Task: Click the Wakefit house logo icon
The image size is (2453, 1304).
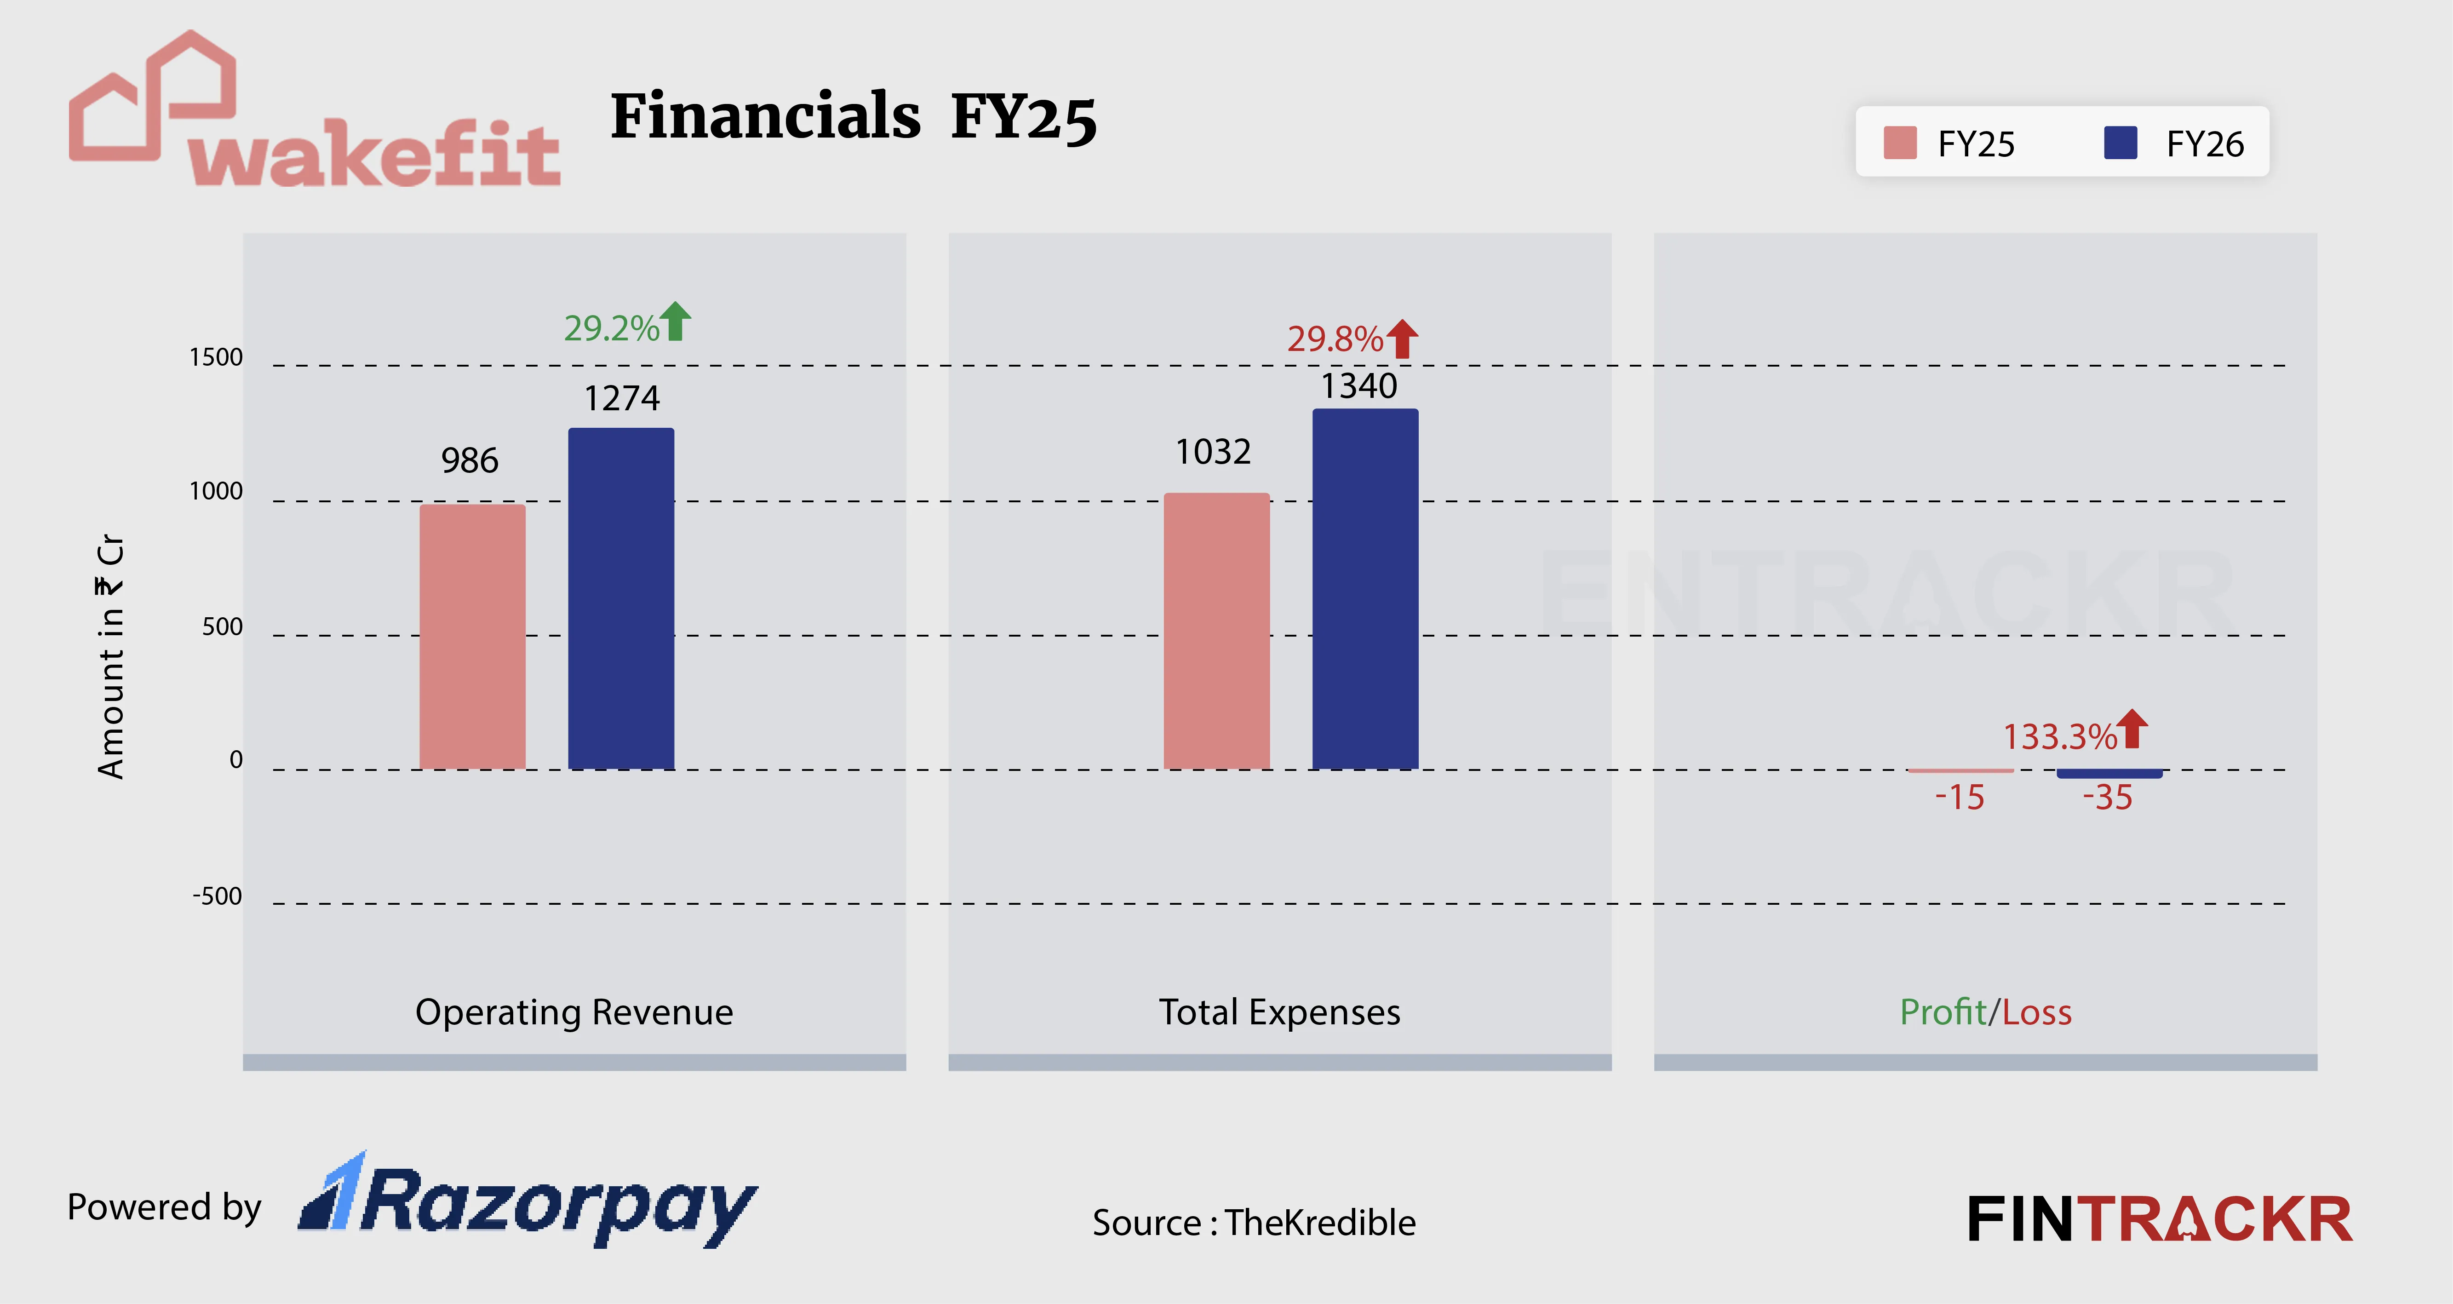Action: click(152, 95)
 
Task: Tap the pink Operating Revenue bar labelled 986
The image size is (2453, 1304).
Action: click(472, 636)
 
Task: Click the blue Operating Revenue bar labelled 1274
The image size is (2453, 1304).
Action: click(621, 598)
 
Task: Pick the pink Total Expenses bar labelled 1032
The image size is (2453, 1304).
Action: click(1216, 631)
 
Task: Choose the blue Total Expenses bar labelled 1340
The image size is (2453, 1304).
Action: click(1364, 589)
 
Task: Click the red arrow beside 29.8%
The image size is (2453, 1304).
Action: click(1402, 338)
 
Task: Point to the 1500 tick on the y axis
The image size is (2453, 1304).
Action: click(216, 357)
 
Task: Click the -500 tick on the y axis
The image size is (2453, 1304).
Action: click(217, 896)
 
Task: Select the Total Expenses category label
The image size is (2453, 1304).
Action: click(1279, 1011)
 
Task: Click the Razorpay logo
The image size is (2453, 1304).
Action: click(528, 1202)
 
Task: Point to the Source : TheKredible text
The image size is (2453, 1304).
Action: click(1253, 1222)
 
